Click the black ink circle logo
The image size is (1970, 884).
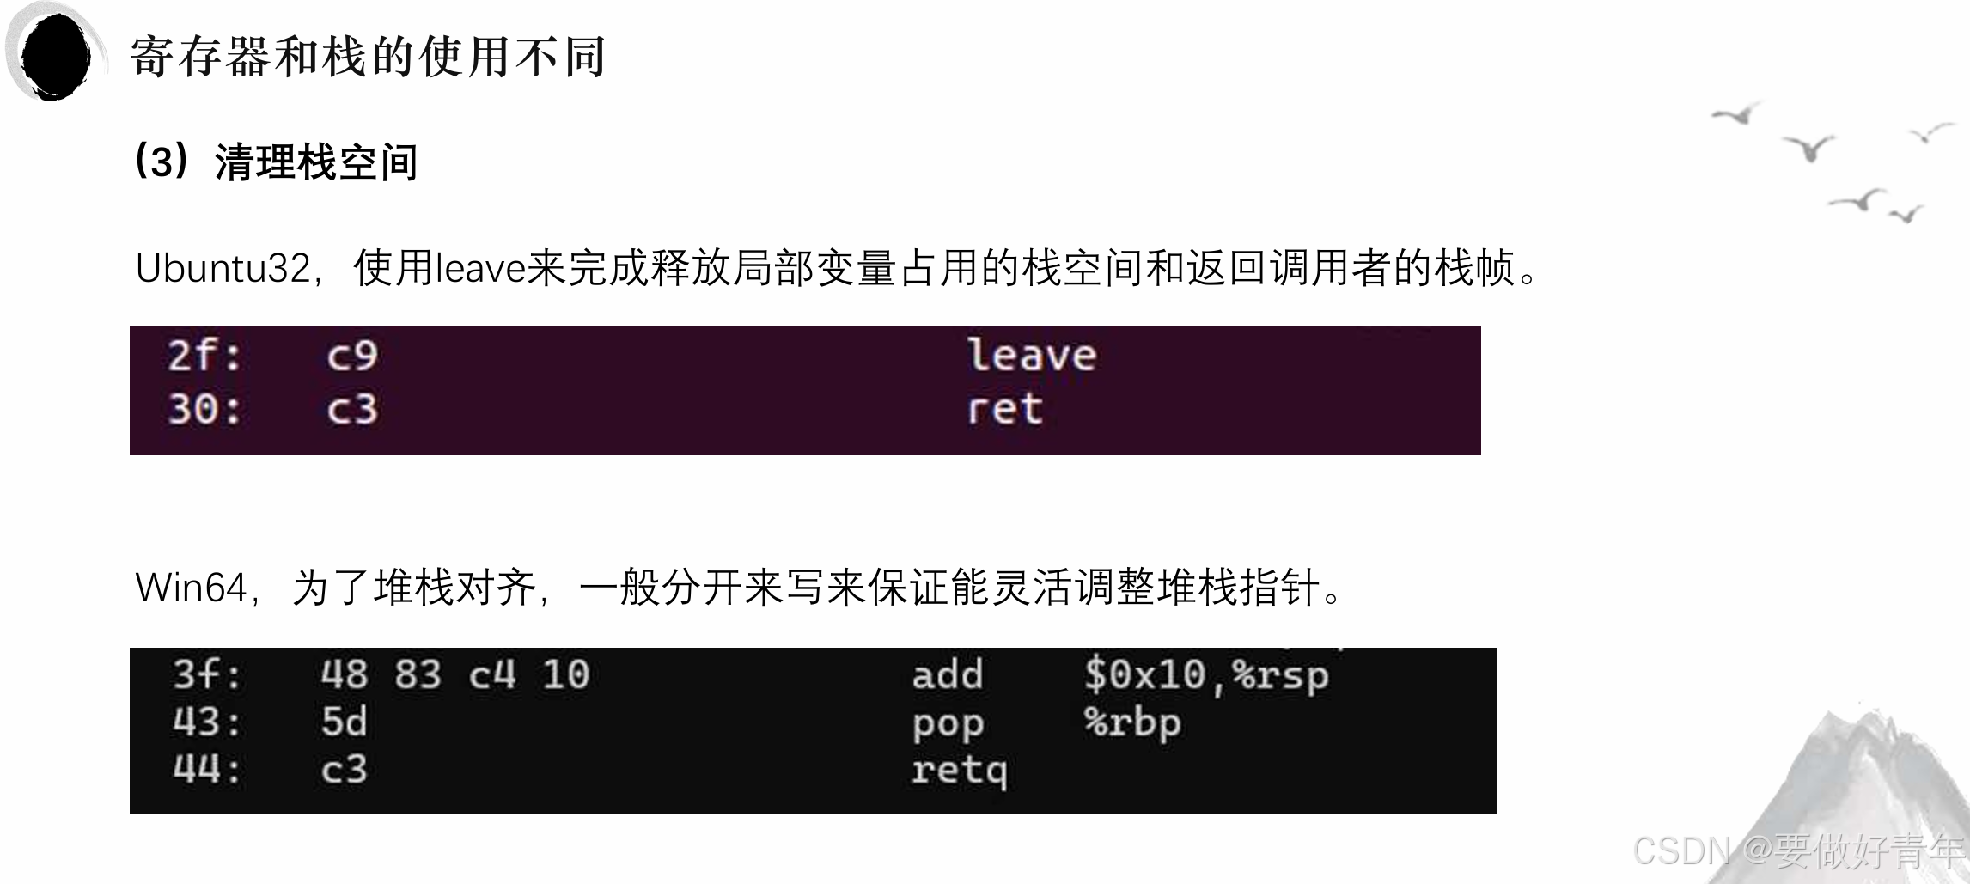(x=55, y=55)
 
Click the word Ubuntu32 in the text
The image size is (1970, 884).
(x=223, y=269)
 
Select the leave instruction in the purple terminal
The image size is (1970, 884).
(x=1031, y=356)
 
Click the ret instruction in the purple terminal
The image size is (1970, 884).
(x=1004, y=409)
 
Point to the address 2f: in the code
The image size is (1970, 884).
(x=204, y=356)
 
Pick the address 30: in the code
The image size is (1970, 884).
(x=204, y=409)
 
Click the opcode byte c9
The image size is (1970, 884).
(x=351, y=356)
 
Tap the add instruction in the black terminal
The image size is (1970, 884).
(x=947, y=675)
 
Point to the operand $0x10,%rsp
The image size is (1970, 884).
(x=1205, y=675)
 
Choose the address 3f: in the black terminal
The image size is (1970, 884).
(x=207, y=675)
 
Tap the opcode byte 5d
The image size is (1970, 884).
(x=344, y=722)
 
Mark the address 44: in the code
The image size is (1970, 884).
(x=207, y=770)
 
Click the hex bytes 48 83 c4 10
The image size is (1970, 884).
(x=454, y=675)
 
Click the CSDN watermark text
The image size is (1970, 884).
(x=1680, y=851)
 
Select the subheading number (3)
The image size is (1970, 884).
(x=161, y=162)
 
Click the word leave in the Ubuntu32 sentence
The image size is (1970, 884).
(x=480, y=269)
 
